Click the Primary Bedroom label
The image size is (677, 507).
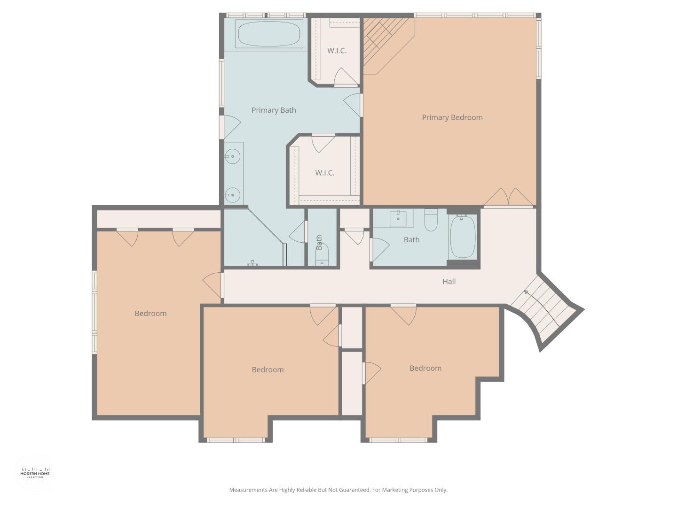[x=452, y=117]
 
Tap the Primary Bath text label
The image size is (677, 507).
[x=274, y=110]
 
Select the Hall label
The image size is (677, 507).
[x=449, y=282]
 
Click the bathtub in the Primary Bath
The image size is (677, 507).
[x=269, y=34]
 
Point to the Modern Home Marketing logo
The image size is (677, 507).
[x=35, y=472]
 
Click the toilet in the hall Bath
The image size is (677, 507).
[x=431, y=220]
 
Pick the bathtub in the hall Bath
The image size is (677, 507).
[x=463, y=237]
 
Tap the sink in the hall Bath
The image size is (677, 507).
[x=398, y=218]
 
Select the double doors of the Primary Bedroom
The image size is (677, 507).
[x=508, y=197]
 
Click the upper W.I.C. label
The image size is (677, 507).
[x=337, y=51]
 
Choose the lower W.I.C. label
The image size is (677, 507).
[x=324, y=173]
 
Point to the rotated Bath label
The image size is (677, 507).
[x=319, y=242]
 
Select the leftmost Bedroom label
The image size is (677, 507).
[x=150, y=314]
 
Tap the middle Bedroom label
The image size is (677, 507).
[x=268, y=370]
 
